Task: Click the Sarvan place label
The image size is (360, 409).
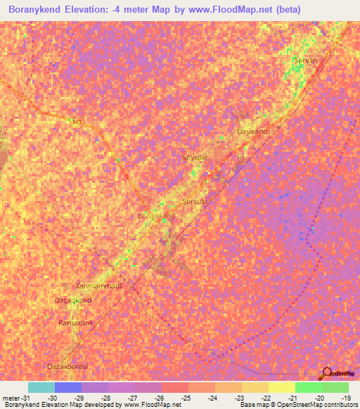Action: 306,60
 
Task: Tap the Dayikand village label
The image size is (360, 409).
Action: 252,131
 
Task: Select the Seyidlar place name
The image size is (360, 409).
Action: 195,158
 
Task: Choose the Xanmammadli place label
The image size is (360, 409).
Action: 99,286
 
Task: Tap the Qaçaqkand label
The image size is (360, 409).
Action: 73,300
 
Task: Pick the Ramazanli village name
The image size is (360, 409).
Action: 77,323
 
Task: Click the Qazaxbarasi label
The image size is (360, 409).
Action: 70,368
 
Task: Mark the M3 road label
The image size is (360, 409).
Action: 77,123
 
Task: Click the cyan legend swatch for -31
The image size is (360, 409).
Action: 41,387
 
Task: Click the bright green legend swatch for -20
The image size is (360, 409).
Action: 308,387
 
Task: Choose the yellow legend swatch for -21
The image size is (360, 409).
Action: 281,387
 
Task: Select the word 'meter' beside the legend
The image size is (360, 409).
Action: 11,397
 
